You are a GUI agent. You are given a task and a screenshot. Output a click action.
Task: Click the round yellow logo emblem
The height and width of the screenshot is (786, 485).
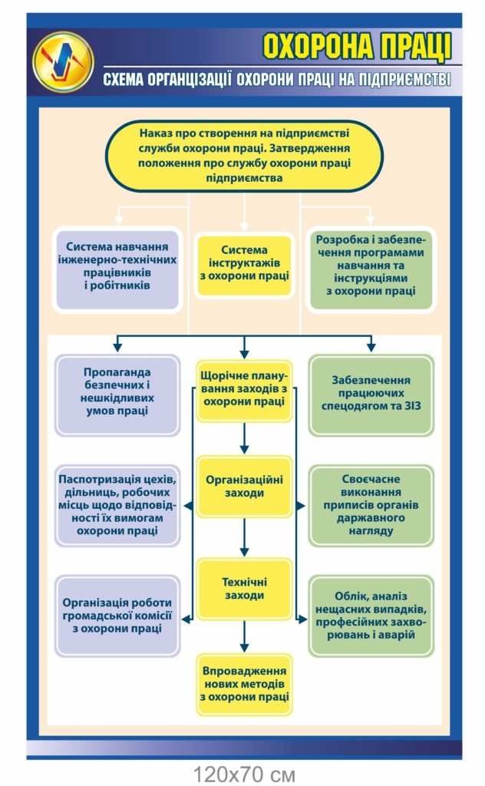pyautogui.click(x=63, y=61)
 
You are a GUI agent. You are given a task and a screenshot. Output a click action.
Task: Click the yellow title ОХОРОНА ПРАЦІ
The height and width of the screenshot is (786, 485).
pyautogui.click(x=358, y=47)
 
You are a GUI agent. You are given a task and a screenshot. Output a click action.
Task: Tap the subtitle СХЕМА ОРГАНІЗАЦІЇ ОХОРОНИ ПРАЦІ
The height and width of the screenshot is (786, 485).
pyautogui.click(x=277, y=79)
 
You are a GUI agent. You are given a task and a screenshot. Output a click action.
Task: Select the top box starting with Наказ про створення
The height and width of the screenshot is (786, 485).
pyautogui.click(x=244, y=156)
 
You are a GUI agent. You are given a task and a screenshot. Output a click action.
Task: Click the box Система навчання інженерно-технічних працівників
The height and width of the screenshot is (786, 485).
pyautogui.click(x=117, y=269)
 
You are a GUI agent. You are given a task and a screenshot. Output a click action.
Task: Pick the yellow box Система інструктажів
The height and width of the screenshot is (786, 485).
pyautogui.click(x=244, y=266)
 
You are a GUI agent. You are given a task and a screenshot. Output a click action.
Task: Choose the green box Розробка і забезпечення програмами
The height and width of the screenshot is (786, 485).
pyautogui.click(x=371, y=269)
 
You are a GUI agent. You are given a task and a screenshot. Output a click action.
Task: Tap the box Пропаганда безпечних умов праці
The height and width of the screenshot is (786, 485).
pyautogui.click(x=117, y=395)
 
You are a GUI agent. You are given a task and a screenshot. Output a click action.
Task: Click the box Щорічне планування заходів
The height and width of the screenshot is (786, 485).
pyautogui.click(x=244, y=391)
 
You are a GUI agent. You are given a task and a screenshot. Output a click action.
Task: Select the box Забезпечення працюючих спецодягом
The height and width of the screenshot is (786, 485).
pyautogui.click(x=371, y=395)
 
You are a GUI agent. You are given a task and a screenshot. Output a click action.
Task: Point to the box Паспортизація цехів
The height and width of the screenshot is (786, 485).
pyautogui.click(x=117, y=505)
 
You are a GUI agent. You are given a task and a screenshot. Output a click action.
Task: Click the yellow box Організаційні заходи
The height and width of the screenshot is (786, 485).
pyautogui.click(x=244, y=486)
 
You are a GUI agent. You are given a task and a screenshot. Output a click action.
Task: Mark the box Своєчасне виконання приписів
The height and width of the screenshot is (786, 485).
pyautogui.click(x=371, y=505)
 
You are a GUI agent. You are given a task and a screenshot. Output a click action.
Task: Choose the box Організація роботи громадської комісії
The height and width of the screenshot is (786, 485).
pyautogui.click(x=117, y=616)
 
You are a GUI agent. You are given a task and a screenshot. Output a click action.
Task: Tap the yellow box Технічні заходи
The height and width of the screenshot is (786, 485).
pyautogui.click(x=244, y=589)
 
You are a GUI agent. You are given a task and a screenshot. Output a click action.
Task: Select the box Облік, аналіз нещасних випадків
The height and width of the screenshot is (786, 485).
pyautogui.click(x=371, y=616)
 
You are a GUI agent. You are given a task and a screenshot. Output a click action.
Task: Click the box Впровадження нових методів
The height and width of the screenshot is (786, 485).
pyautogui.click(x=244, y=684)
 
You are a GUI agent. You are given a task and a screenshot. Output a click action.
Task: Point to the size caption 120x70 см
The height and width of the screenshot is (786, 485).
pyautogui.click(x=244, y=774)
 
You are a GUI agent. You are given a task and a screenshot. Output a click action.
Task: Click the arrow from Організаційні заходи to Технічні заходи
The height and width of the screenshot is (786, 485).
pyautogui.click(x=244, y=537)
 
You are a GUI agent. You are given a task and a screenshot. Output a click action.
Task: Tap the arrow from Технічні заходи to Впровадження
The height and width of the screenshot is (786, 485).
pyautogui.click(x=244, y=636)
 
